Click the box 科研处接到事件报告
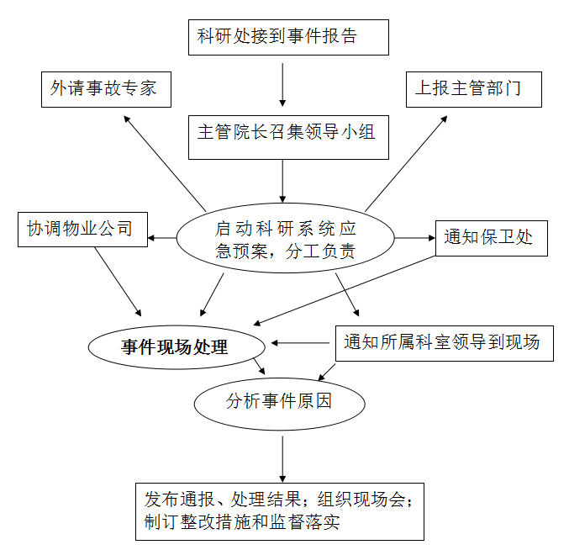pyautogui.click(x=288, y=37)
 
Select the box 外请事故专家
pyautogui.click(x=106, y=89)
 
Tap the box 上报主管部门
pyautogui.click(x=473, y=89)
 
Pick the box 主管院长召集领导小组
pyautogui.click(x=288, y=137)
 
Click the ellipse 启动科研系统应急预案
pyautogui.click(x=285, y=238)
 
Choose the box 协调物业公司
pyautogui.click(x=82, y=230)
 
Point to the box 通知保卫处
pyautogui.click(x=492, y=238)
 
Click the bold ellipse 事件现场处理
pyautogui.click(x=176, y=347)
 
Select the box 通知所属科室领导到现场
pyautogui.click(x=444, y=343)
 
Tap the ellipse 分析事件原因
pyautogui.click(x=279, y=404)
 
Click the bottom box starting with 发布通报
pyautogui.click(x=280, y=511)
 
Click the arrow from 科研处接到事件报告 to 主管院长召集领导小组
pyautogui.click(x=282, y=85)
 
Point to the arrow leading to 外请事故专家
pyautogui.click(x=165, y=163)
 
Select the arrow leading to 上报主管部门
pyautogui.click(x=406, y=163)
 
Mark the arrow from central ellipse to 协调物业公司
pyautogui.click(x=162, y=238)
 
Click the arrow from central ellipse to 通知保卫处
pyautogui.click(x=415, y=238)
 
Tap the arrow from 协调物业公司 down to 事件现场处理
pyautogui.click(x=118, y=282)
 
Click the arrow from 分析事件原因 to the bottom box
pyautogui.click(x=282, y=459)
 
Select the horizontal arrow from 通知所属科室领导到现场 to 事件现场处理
pyautogui.click(x=300, y=343)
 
